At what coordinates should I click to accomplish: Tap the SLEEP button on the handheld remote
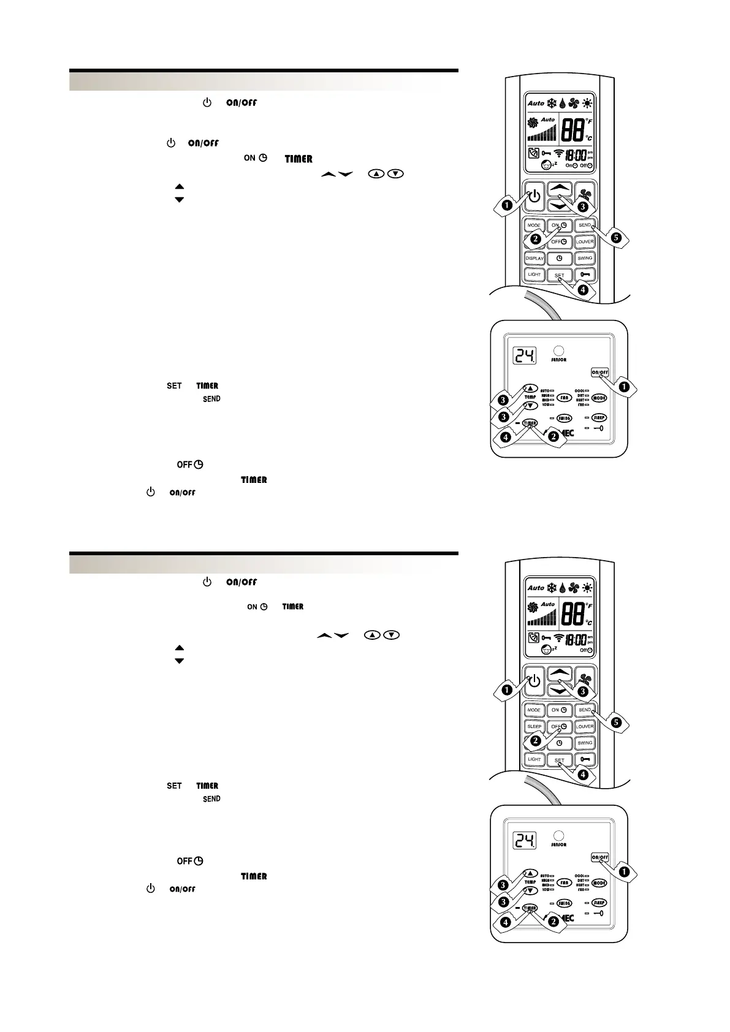point(534,726)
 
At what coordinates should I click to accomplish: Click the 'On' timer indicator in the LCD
point(571,165)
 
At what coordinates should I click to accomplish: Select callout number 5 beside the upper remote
point(616,237)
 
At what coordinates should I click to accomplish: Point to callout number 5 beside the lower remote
point(616,723)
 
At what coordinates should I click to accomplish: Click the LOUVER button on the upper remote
point(585,241)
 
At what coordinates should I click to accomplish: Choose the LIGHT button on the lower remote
point(534,759)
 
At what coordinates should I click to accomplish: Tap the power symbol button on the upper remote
point(534,196)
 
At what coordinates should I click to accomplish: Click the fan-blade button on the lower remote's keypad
point(585,680)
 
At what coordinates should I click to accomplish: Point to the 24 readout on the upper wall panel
point(525,355)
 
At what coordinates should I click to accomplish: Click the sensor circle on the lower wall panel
point(558,835)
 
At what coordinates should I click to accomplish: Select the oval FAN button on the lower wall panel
point(564,883)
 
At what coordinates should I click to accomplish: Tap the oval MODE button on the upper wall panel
point(599,398)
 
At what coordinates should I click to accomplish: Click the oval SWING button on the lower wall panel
point(564,903)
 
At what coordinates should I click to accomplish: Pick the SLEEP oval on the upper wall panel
point(599,418)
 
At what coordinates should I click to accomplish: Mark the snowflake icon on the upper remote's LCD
point(552,103)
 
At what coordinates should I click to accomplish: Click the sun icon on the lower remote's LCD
point(587,588)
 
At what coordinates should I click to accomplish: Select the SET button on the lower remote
point(559,761)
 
